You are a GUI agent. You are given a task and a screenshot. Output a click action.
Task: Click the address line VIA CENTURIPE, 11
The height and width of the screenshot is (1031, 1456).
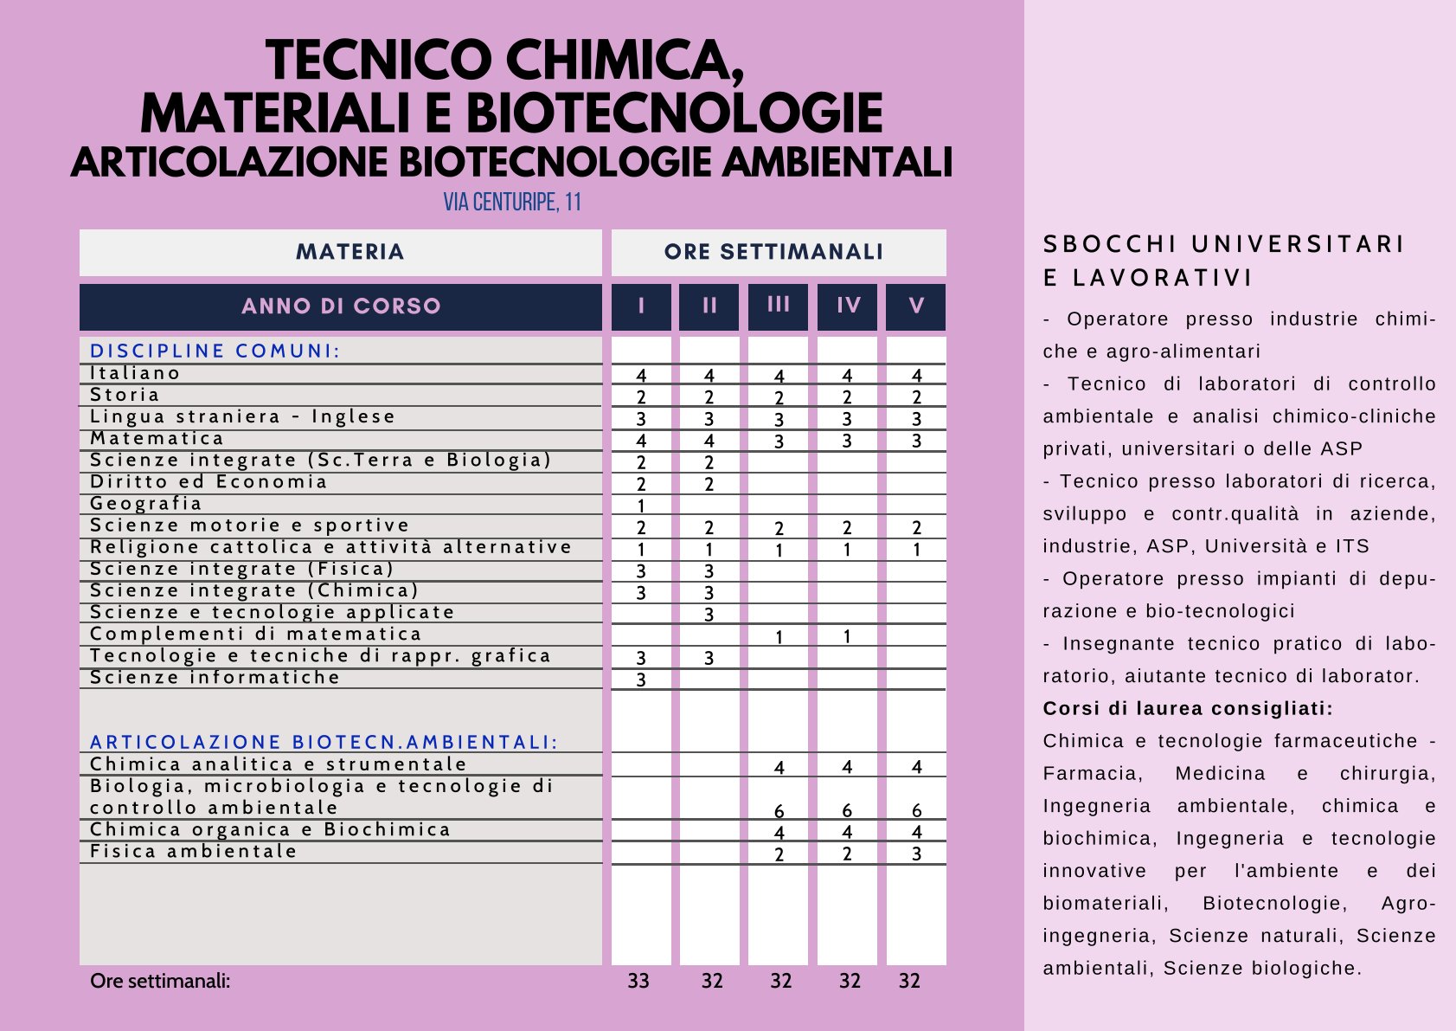512,203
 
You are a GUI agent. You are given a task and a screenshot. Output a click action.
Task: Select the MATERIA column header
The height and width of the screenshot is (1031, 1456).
350,252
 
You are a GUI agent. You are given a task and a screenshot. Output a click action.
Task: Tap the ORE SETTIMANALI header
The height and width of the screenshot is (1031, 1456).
773,252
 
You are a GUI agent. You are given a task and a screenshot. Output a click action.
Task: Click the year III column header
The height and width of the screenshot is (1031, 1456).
778,305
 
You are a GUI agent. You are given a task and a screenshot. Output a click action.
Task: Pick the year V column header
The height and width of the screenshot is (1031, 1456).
916,306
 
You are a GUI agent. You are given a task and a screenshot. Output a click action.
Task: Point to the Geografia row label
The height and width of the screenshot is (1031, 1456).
146,504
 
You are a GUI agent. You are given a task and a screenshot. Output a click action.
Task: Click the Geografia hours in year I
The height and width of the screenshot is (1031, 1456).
641,506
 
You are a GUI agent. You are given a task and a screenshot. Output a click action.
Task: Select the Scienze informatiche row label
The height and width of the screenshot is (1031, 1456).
215,678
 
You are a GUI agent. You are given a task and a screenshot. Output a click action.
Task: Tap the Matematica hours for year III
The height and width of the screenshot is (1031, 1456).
779,441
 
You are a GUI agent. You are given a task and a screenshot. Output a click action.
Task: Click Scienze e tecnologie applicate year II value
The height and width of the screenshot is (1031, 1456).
709,615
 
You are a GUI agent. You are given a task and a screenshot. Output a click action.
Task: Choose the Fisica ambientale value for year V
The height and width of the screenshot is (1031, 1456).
916,854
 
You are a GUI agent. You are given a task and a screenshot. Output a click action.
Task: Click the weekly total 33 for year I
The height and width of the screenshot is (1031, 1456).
638,981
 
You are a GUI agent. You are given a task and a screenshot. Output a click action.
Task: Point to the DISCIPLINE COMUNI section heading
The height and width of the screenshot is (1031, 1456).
215,351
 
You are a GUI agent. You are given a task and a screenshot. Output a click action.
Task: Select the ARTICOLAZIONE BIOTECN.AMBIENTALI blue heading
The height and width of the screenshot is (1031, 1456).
324,742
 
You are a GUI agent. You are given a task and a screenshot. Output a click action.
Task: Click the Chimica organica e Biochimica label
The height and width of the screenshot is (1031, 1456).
270,829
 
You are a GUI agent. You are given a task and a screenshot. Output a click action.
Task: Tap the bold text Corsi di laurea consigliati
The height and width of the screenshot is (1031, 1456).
1187,709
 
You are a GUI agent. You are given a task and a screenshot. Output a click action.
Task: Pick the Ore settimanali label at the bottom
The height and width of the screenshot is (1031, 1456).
160,981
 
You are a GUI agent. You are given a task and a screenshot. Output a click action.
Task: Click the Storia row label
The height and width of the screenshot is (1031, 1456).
125,396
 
